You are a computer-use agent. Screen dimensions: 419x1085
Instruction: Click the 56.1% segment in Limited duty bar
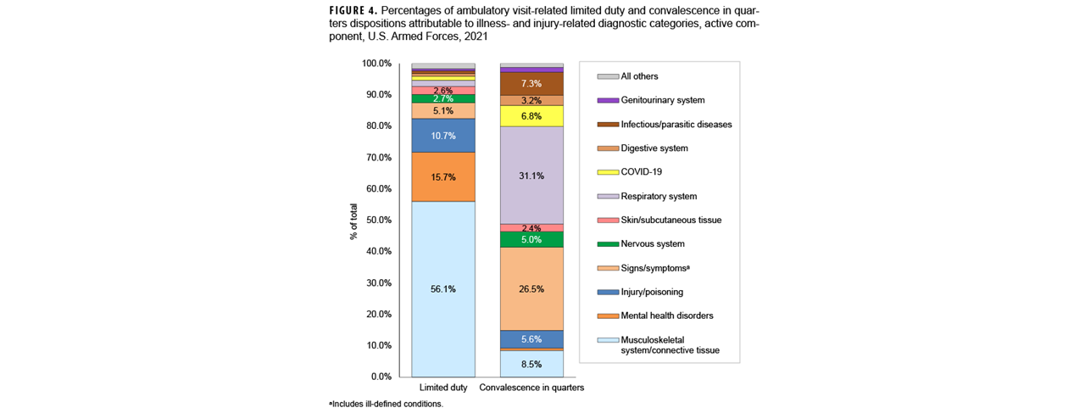pyautogui.click(x=442, y=288)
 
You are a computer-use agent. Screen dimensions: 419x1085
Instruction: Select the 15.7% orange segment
pyautogui.click(x=442, y=176)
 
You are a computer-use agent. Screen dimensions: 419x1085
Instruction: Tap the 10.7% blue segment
pyautogui.click(x=442, y=136)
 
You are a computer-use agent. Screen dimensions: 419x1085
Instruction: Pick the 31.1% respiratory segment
pyautogui.click(x=531, y=176)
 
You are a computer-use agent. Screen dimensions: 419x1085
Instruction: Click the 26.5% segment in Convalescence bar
pyautogui.click(x=531, y=288)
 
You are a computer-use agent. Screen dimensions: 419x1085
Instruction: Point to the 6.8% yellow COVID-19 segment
pyautogui.click(x=531, y=115)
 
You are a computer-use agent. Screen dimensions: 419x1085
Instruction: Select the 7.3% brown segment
pyautogui.click(x=531, y=83)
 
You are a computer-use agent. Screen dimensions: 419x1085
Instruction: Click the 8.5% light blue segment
pyautogui.click(x=531, y=363)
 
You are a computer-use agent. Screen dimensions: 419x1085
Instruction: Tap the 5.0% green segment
pyautogui.click(x=531, y=239)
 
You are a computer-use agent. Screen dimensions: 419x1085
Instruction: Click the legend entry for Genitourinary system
pyautogui.click(x=662, y=100)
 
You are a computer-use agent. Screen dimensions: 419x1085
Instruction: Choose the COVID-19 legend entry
pyautogui.click(x=641, y=172)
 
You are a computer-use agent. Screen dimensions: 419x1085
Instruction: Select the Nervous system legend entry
pyautogui.click(x=654, y=244)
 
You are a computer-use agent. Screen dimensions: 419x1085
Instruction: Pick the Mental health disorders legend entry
pyautogui.click(x=666, y=316)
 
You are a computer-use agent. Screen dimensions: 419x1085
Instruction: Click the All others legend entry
pyautogui.click(x=639, y=76)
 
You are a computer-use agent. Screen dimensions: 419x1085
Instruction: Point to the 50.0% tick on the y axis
pyautogui.click(x=376, y=220)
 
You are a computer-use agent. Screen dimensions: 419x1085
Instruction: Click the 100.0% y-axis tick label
pyautogui.click(x=376, y=64)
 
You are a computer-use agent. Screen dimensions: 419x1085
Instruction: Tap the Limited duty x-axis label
pyautogui.click(x=442, y=388)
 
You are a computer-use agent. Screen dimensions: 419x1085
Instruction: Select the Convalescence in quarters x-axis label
pyautogui.click(x=531, y=388)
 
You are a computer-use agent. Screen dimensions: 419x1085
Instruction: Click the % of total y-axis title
pyautogui.click(x=353, y=220)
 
